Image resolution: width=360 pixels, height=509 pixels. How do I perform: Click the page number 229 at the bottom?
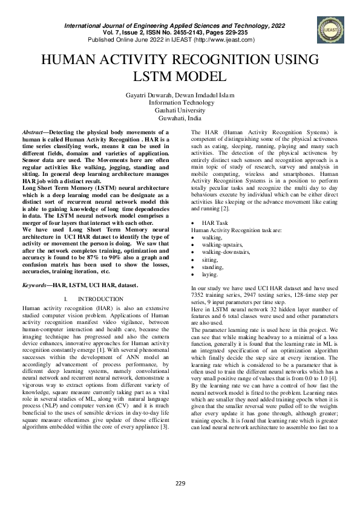click(180, 482)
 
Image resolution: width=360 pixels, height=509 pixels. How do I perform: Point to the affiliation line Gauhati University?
click(180, 111)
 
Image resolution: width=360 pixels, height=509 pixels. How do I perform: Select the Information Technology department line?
click(180, 103)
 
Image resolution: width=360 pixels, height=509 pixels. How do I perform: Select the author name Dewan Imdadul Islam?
click(206, 96)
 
